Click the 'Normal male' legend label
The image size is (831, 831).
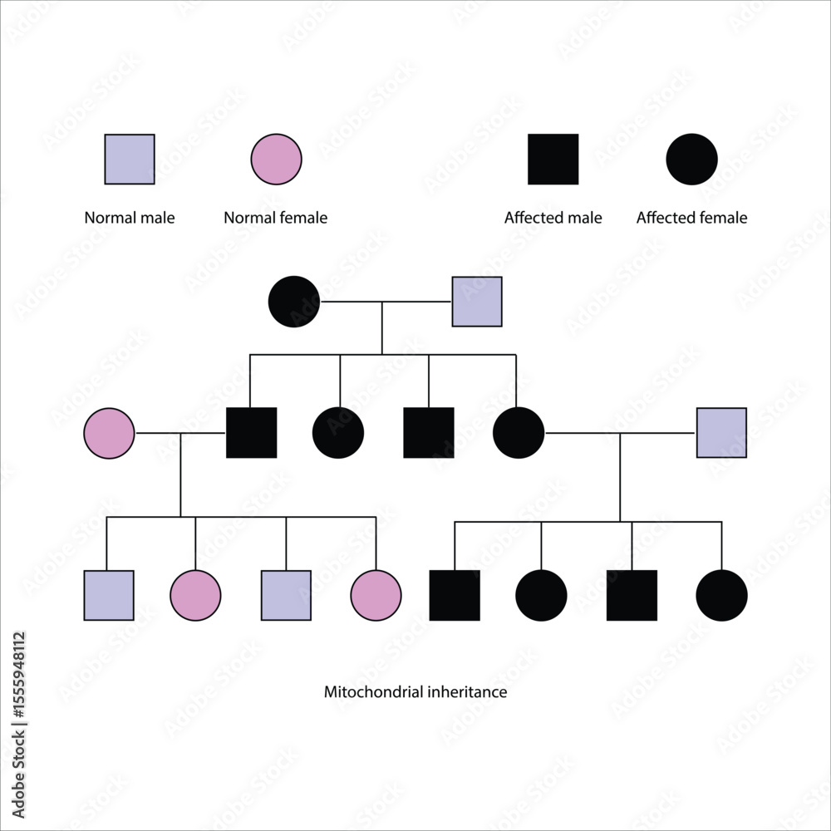pos(130,218)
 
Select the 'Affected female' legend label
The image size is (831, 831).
pos(691,218)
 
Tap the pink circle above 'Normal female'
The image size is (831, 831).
pos(276,159)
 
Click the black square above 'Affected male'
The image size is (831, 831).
pos(553,159)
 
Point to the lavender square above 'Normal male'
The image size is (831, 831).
pos(130,159)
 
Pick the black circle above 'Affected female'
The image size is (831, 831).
pos(691,159)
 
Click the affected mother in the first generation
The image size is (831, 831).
pos(294,302)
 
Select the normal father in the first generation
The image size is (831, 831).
pos(477,302)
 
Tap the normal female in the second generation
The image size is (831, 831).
pos(109,433)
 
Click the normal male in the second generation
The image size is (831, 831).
pos(721,433)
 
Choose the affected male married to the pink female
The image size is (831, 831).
pos(251,432)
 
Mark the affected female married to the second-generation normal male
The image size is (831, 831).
pos(519,433)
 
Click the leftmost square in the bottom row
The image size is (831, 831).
pos(109,595)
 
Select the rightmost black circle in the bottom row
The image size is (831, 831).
pos(721,595)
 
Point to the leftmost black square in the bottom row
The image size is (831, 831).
pos(455,595)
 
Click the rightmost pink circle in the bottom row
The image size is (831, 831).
pos(376,595)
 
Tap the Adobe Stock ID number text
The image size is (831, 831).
pos(19,676)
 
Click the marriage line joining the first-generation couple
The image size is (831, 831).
pos(386,302)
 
